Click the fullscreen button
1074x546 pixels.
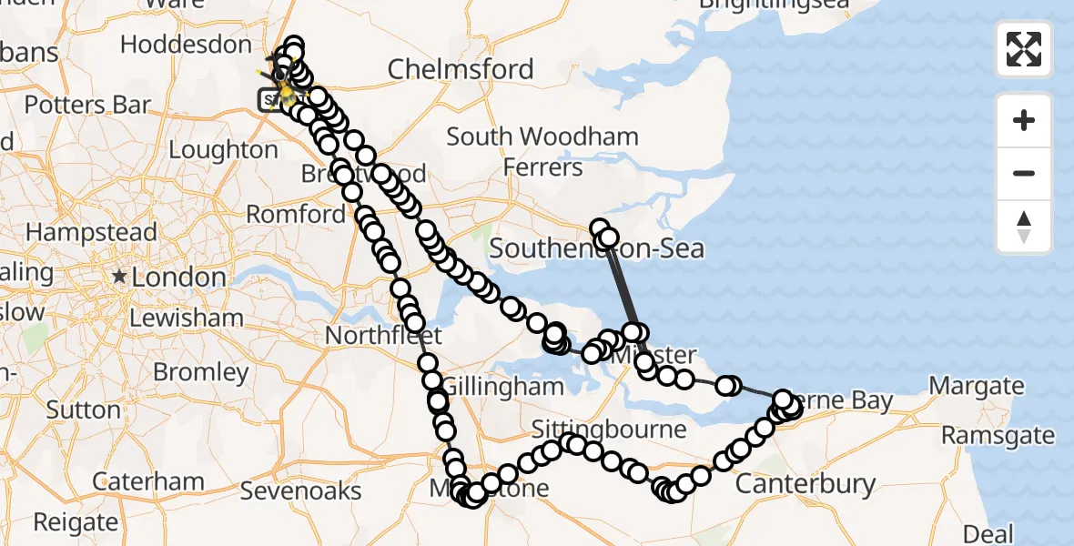pyautogui.click(x=1024, y=49)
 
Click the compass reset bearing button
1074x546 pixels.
pyautogui.click(x=1024, y=227)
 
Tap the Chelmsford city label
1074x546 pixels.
pyautogui.click(x=461, y=69)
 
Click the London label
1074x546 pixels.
pyautogui.click(x=178, y=277)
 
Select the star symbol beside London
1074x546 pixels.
pyautogui.click(x=118, y=276)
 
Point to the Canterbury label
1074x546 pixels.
pyautogui.click(x=805, y=484)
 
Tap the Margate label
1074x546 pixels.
pyautogui.click(x=977, y=386)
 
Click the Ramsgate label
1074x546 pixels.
pyautogui.click(x=998, y=435)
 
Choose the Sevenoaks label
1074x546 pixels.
pyautogui.click(x=300, y=491)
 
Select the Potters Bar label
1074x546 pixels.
pyautogui.click(x=87, y=105)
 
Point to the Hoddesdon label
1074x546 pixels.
pyautogui.click(x=186, y=45)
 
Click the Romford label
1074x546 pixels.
pyautogui.click(x=297, y=215)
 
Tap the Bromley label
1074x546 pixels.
pyautogui.click(x=201, y=372)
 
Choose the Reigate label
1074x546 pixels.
pyautogui.click(x=76, y=522)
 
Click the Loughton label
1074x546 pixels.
pyautogui.click(x=223, y=149)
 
